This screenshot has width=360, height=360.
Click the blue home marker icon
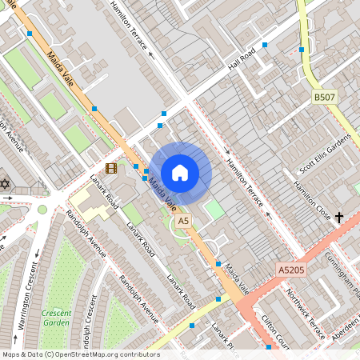tap(180, 172)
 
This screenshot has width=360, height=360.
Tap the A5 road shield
tap(184, 220)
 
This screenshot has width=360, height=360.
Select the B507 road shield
tap(323, 97)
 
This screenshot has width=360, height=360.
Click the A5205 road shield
tap(292, 270)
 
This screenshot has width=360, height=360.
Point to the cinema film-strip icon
tap(110, 168)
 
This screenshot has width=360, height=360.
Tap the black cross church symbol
tap(339, 217)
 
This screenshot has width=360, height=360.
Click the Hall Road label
tap(241, 58)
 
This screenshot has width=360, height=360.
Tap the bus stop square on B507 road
tap(302, 50)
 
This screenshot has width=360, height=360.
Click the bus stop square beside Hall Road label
tap(265, 46)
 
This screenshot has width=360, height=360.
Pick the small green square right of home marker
tap(213, 210)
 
